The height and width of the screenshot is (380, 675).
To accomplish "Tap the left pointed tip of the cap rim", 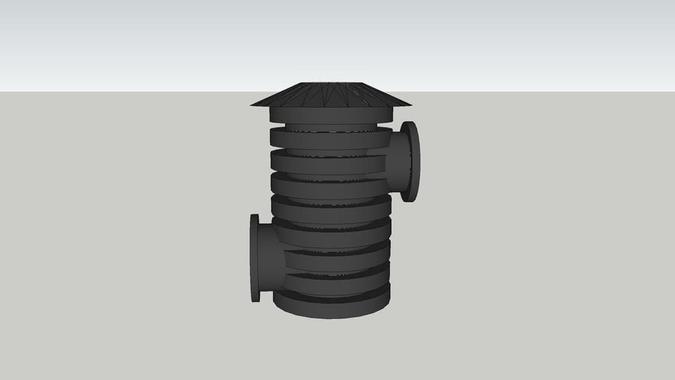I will click(x=252, y=104).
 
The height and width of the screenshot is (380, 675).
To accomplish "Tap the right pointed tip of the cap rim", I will click(x=409, y=104).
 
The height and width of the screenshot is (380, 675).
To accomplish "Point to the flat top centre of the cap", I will click(x=330, y=84).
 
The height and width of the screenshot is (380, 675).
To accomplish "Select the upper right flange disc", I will click(x=410, y=161).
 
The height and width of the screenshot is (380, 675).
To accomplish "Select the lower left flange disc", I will click(x=255, y=258).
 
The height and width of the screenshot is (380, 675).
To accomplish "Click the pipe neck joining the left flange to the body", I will click(x=271, y=260).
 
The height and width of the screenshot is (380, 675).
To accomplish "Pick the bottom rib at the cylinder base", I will click(x=332, y=305).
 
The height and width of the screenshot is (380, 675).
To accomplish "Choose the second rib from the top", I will click(x=326, y=138).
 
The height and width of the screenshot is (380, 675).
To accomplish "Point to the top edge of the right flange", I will click(x=409, y=123).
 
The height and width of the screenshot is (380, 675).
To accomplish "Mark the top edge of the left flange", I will click(x=255, y=216).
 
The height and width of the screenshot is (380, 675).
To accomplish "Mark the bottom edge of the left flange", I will click(x=255, y=300).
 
